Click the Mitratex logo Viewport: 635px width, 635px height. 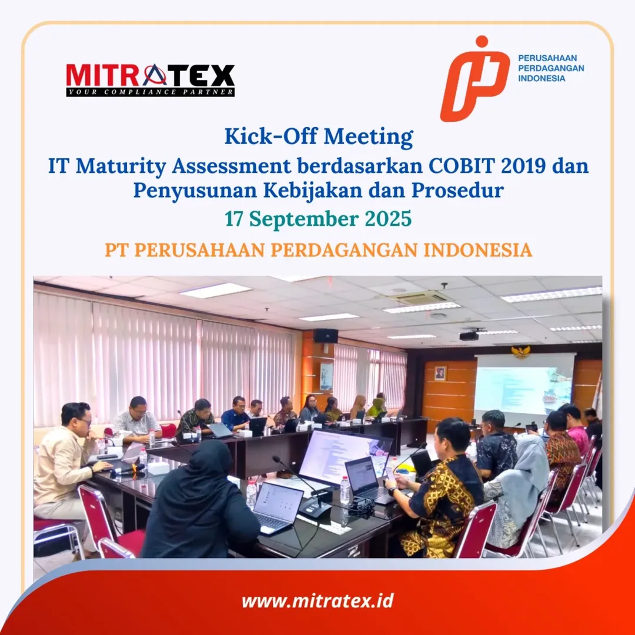tap(151, 80)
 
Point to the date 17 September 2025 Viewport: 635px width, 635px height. tap(318, 219)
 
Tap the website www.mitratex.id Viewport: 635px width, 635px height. tap(317, 600)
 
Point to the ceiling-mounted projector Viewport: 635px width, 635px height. tap(469, 335)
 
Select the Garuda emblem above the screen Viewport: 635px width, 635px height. tap(521, 350)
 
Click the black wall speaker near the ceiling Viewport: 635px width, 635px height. tap(326, 335)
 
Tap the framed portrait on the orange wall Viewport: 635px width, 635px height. tap(440, 373)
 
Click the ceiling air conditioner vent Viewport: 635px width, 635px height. tap(419, 298)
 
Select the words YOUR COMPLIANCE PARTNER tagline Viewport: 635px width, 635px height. tap(151, 92)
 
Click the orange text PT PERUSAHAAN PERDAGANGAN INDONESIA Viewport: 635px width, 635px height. tap(318, 250)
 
